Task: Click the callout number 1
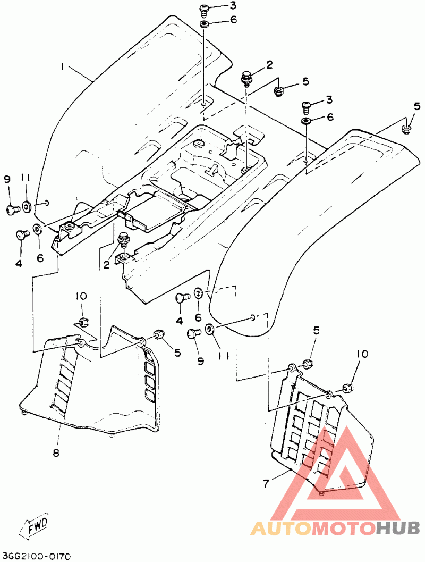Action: [x=62, y=66]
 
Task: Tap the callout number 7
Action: [x=266, y=483]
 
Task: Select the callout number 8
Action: [x=56, y=453]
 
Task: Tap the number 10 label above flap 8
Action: [x=81, y=296]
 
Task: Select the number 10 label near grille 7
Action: [x=362, y=354]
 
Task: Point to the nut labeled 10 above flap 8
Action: [x=84, y=322]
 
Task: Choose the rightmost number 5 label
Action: [x=416, y=106]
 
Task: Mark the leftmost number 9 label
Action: [x=7, y=178]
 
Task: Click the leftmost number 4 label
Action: [x=18, y=264]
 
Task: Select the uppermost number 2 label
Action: [x=269, y=65]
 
